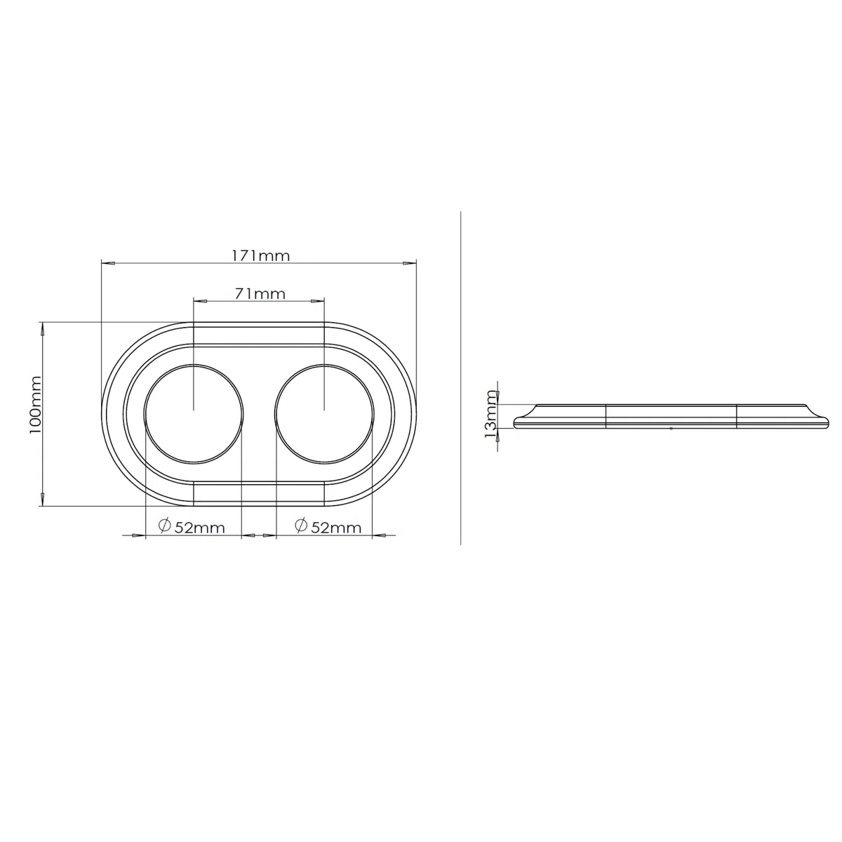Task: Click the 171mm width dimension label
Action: click(260, 255)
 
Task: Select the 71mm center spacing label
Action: click(260, 293)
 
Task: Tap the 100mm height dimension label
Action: click(35, 405)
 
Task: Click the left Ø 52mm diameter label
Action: click(192, 526)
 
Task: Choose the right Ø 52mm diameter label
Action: click(328, 526)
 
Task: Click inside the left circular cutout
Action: click(194, 413)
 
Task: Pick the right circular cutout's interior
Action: click(324, 413)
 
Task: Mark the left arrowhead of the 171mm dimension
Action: click(108, 264)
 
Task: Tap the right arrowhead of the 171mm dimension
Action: click(409, 264)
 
